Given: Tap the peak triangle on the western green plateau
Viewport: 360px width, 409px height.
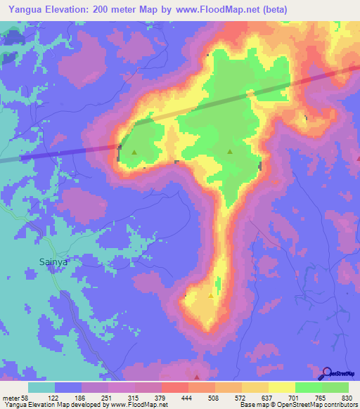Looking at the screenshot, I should (134, 151).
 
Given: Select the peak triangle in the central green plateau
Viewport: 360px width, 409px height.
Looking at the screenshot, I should (230, 151).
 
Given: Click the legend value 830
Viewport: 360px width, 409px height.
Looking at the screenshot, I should (347, 397).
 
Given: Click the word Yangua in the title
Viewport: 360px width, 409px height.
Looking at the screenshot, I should (23, 10).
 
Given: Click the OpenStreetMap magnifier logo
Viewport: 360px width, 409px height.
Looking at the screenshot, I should (326, 374).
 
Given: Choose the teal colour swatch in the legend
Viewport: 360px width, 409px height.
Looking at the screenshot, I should (41, 387).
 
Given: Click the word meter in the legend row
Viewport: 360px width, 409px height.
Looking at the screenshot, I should (11, 397).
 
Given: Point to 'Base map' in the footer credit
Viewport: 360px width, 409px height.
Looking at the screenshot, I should (253, 405).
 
